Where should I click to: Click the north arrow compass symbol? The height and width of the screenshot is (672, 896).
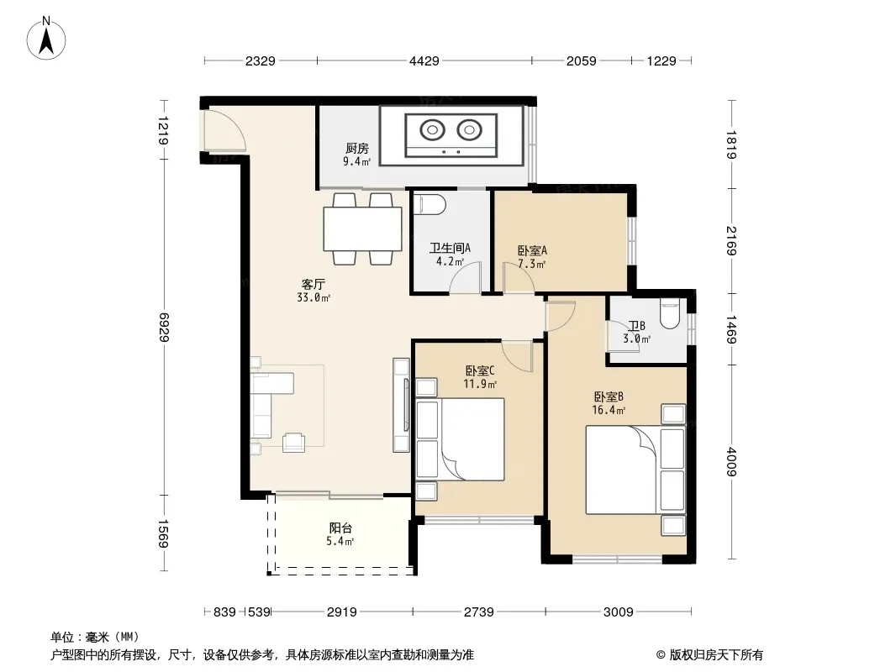point(46,39)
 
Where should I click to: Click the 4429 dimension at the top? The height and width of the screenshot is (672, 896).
point(424,60)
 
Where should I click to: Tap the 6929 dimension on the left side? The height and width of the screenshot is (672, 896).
point(165,327)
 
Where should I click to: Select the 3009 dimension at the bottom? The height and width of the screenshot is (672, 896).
point(619,612)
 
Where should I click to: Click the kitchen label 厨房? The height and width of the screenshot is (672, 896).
point(357,149)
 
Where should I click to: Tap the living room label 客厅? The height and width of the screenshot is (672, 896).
point(314,284)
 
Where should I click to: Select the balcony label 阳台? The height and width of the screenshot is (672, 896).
point(340,528)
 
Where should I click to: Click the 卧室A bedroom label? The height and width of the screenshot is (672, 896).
point(532,250)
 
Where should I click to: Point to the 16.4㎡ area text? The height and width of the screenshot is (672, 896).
point(609,410)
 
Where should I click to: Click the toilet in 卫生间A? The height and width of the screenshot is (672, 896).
point(430,204)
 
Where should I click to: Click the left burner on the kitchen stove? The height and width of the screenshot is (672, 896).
point(432,130)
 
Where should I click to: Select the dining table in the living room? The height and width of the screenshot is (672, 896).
point(362,229)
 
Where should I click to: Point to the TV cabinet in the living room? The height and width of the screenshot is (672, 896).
point(401,406)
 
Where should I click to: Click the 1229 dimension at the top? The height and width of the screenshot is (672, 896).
point(661,60)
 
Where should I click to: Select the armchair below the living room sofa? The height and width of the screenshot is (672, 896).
point(293,442)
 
